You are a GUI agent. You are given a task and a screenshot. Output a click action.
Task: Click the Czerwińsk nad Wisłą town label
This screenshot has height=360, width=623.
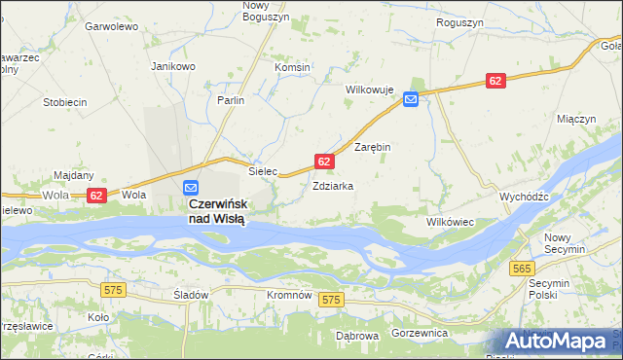click(x=216, y=211)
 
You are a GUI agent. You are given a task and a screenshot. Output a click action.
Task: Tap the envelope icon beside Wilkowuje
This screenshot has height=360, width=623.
click(x=411, y=98)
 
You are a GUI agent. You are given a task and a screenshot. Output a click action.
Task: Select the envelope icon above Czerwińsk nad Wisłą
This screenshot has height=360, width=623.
click(x=192, y=187)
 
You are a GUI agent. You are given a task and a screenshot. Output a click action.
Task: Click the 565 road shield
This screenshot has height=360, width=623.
click(x=523, y=268)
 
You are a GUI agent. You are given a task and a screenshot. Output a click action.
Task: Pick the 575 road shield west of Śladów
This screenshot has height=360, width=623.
click(x=114, y=289)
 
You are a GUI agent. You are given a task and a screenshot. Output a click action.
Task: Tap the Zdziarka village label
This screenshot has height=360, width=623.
click(x=332, y=185)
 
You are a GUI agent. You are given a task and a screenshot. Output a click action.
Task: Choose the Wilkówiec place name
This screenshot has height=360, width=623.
click(x=450, y=222)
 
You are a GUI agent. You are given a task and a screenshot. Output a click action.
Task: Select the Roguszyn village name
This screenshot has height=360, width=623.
click(x=461, y=21)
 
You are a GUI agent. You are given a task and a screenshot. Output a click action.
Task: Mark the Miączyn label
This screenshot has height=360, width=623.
click(x=575, y=118)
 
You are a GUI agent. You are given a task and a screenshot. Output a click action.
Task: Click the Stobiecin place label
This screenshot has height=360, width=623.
click(x=65, y=101)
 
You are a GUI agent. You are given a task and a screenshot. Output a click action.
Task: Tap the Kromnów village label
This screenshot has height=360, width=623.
click(x=289, y=294)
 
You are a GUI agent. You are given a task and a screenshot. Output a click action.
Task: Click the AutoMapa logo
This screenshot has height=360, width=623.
click(x=559, y=341)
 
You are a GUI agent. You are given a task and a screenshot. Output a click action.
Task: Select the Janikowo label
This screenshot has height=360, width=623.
click(x=173, y=66)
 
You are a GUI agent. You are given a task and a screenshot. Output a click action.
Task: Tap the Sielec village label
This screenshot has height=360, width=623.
click(x=263, y=170)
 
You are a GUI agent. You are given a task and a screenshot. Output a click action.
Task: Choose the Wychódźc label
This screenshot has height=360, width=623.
click(x=525, y=196)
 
